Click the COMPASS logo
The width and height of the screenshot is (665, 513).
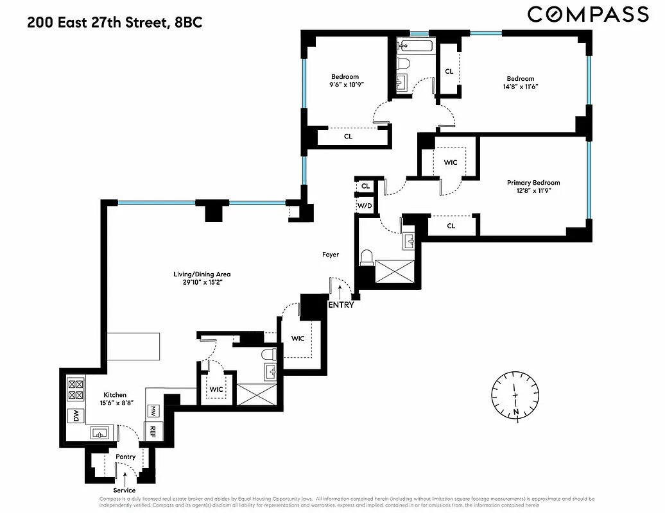point(587,15)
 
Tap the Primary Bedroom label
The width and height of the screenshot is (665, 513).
point(533,183)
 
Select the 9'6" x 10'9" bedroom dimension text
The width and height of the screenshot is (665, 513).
point(345,85)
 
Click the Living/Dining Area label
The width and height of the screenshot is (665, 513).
point(202,274)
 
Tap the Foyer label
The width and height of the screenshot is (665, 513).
point(330,255)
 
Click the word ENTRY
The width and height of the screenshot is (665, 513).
point(340,305)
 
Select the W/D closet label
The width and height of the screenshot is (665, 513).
point(365,206)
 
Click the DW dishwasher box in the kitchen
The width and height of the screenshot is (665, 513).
point(74,416)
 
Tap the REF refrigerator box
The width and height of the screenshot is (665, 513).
point(153,430)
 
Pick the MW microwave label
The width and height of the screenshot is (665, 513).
point(153,410)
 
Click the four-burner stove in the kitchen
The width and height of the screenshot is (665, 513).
point(75,388)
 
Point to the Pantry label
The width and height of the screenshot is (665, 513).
point(125,457)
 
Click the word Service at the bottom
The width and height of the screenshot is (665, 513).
point(125,490)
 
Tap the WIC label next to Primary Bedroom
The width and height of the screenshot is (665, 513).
point(450,162)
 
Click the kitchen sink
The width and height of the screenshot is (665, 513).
point(99,433)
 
